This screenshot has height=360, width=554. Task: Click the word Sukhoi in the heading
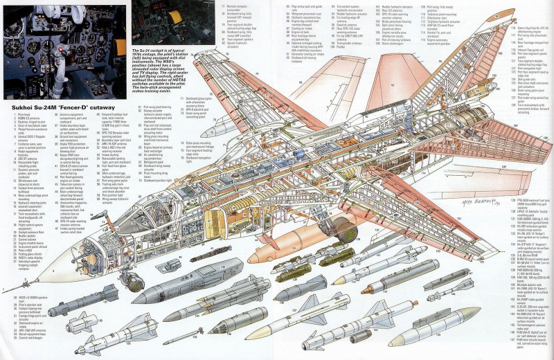pyautogui.click(x=19, y=109)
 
